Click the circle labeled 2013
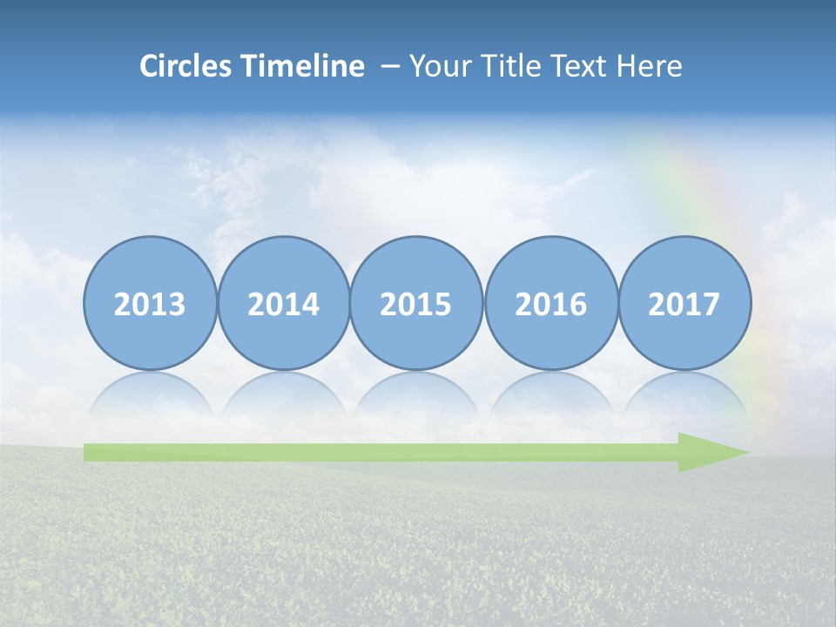(150, 303)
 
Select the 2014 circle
(284, 303)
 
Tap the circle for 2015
(416, 303)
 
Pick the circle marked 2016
(551, 303)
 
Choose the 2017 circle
(684, 303)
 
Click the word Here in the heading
(650, 66)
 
